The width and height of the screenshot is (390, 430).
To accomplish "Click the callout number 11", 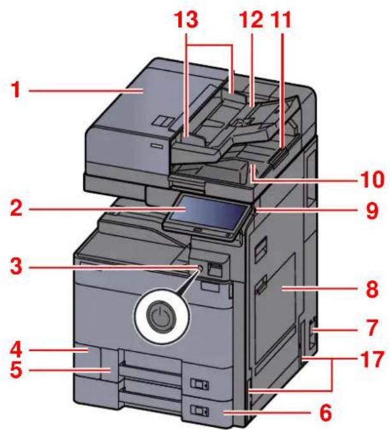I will pos(281,21).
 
